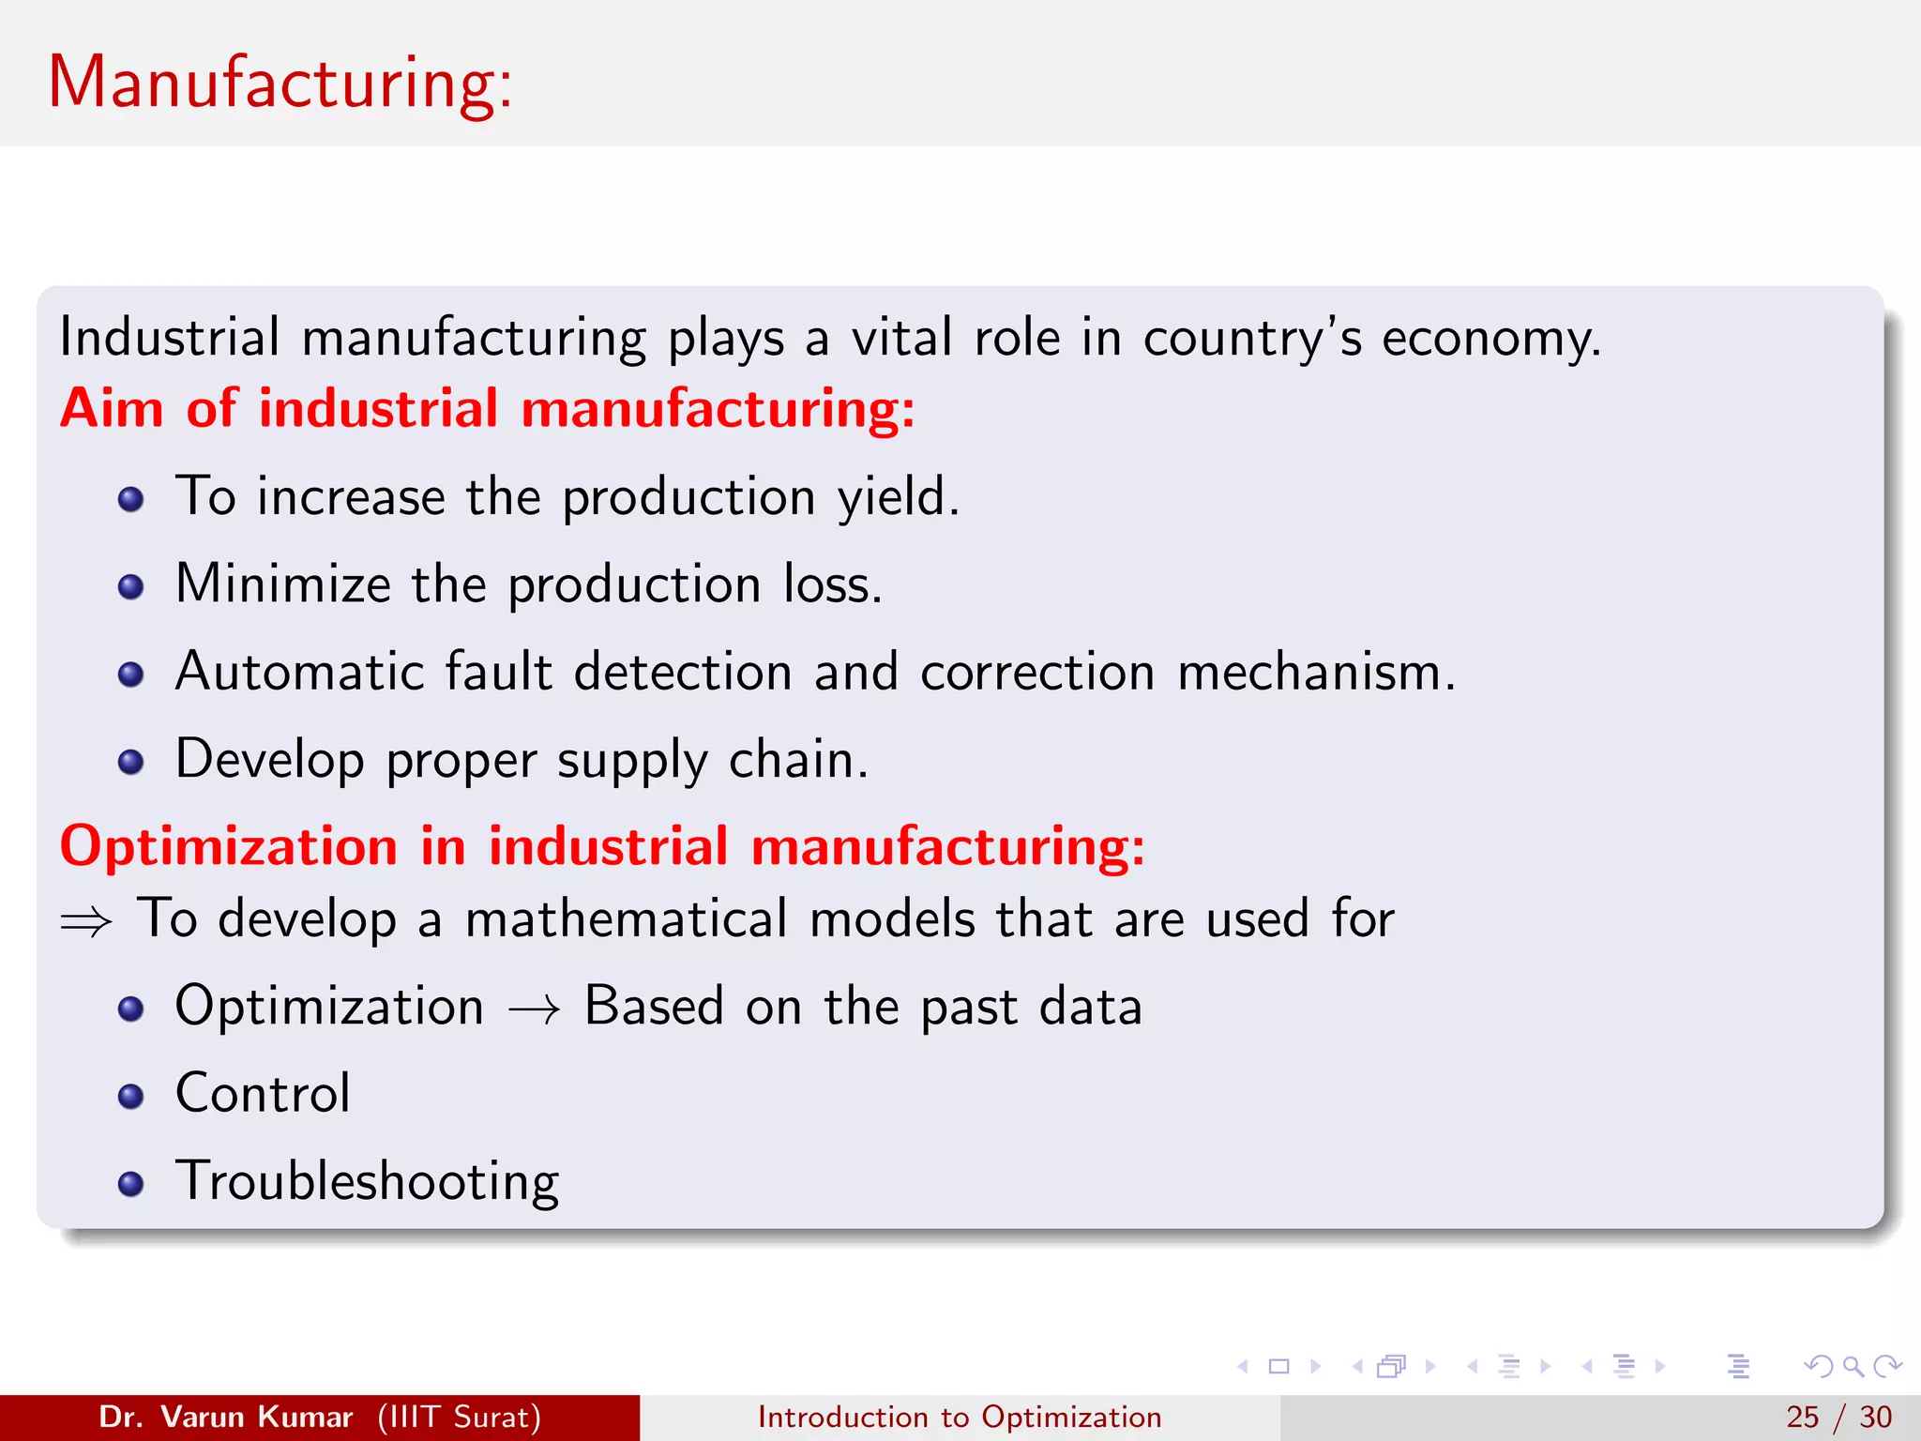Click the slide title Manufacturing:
280,83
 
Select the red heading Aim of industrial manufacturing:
487,409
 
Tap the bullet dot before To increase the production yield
131,499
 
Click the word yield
898,497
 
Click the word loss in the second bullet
832,584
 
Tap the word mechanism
1315,672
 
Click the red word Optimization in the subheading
229,846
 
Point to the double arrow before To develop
86,922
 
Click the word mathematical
626,918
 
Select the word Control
263,1093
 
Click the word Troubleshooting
367,1181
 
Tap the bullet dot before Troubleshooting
131,1184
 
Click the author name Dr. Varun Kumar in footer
226,1417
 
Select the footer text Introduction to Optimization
960,1417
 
